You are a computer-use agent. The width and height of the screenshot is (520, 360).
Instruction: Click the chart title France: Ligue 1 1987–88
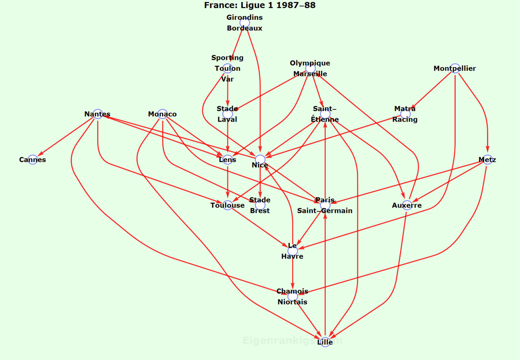coord(260,5)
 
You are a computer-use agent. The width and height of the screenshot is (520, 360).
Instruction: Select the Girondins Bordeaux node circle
coord(244,23)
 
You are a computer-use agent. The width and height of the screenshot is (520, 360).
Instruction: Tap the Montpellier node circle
coord(455,68)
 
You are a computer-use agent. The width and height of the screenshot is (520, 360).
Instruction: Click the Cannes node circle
coord(33,160)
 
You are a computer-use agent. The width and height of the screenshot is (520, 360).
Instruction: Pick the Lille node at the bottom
coord(325,342)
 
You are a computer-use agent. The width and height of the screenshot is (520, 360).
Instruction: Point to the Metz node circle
coord(487,160)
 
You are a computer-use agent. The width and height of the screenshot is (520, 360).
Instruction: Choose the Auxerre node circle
coord(407,205)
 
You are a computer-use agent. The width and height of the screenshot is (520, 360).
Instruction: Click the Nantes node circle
coord(98,114)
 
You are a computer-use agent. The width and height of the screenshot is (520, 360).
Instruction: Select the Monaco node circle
coord(162,114)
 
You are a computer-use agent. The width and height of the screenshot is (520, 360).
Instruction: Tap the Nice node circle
coord(260,159)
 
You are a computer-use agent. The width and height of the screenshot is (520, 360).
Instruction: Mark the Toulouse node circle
coord(228,205)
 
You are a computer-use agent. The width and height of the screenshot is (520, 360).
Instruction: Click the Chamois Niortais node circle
coord(292,297)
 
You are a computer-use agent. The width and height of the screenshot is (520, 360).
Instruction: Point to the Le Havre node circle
coord(292,251)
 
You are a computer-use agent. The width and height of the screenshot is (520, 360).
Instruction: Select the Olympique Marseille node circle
coord(310,68)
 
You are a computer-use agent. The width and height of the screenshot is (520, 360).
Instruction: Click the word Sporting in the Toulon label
coord(227,58)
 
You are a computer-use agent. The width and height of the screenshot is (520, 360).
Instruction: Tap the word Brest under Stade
coord(260,211)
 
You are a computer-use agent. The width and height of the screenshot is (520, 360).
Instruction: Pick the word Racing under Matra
coord(405,120)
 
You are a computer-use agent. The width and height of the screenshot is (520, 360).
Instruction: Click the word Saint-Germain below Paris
coord(325,211)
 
